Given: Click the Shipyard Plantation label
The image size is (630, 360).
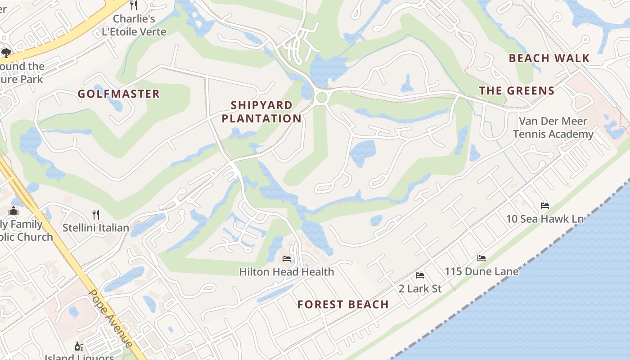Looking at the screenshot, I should click(261, 112).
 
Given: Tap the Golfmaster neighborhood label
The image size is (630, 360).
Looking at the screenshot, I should click(119, 94).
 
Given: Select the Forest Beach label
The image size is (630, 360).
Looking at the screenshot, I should click(343, 305).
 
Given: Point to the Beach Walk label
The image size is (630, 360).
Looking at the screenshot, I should click(549, 58).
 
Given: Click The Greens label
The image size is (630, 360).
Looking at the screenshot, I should click(517, 91).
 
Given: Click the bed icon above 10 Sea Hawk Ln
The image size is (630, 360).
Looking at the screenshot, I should click(545, 206).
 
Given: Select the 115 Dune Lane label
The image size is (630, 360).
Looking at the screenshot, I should click(481, 272).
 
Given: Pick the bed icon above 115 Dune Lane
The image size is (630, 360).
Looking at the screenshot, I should click(481, 258).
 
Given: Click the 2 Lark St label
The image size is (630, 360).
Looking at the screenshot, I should click(420, 288).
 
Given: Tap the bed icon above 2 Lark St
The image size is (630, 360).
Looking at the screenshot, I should click(420, 275).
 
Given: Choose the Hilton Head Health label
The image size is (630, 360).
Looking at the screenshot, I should click(287, 272).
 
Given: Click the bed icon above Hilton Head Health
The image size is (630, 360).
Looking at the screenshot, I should click(287, 258).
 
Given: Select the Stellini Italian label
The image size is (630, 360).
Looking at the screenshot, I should click(96, 228).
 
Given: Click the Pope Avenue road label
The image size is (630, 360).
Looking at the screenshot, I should click(111, 318).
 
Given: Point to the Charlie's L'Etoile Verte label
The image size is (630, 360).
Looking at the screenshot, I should click(134, 25).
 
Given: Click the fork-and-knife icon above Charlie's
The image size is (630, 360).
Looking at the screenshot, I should click(134, 5).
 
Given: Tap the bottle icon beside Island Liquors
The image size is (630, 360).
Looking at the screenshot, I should click(79, 346).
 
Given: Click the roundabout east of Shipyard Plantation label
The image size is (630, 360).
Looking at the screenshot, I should click(321, 97).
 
